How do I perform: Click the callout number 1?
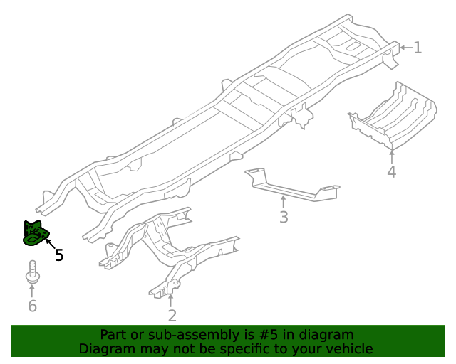coord(418,48)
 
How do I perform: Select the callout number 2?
coord(172,316)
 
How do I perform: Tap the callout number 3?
coord(284,217)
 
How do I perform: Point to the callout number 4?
coord(392,172)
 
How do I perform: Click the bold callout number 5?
coord(59,255)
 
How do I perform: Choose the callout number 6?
coord(32,306)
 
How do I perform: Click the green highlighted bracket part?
coord(35,233)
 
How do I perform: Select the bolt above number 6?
coord(32,272)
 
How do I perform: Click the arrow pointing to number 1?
coord(405,48)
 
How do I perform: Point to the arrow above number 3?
coord(284,201)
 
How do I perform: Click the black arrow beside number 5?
coord(51,245)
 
